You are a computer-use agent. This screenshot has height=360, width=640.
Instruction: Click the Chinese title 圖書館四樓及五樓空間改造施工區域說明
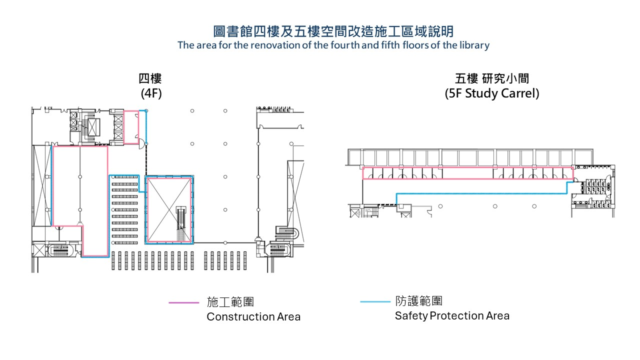333,31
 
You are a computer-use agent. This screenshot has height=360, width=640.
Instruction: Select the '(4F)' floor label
150,93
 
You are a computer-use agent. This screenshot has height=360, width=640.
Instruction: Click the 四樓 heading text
150,79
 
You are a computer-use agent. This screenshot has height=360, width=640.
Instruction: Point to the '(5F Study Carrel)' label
492,93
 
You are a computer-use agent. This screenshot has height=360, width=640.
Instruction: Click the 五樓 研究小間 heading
492,79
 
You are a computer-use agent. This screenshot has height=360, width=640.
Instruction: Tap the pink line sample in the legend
183,302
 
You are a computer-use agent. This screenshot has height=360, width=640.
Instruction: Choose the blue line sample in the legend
375,301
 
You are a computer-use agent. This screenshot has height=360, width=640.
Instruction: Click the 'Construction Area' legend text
253,316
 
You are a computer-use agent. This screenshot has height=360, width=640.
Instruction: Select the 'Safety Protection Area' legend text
452,315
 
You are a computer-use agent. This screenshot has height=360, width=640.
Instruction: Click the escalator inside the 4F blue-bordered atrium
181,224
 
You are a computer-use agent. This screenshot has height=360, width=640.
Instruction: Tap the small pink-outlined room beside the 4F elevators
131,127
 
